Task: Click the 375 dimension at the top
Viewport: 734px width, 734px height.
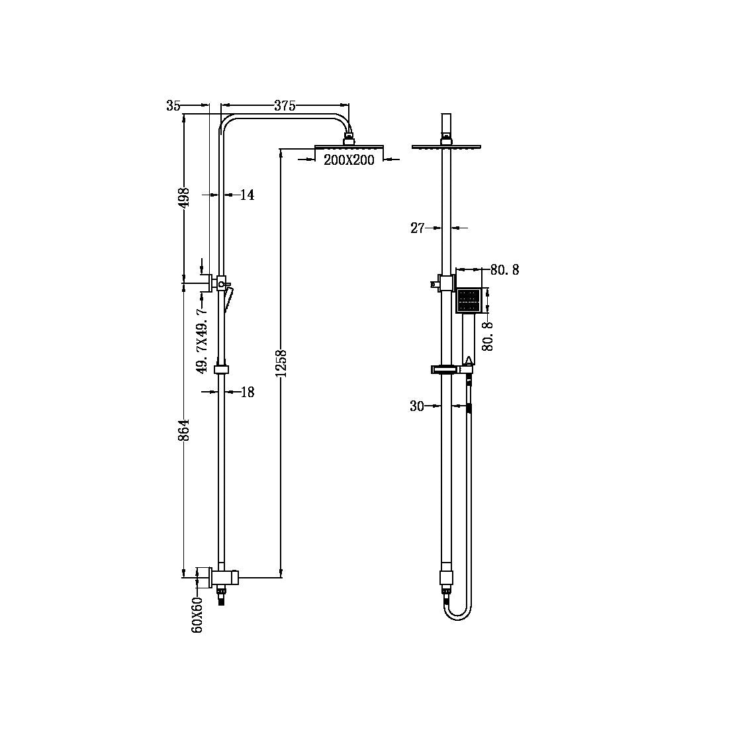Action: click(x=285, y=106)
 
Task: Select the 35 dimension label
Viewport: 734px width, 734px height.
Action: click(x=173, y=106)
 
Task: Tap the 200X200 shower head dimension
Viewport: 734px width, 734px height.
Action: click(x=349, y=160)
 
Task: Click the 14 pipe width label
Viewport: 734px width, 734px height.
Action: click(x=247, y=195)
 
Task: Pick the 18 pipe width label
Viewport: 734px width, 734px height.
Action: click(x=247, y=392)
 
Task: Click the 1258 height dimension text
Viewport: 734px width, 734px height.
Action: click(x=281, y=364)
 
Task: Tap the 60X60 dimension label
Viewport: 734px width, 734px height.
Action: click(x=197, y=614)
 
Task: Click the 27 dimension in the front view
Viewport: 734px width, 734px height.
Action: click(x=418, y=228)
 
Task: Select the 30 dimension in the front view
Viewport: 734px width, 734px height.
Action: click(x=417, y=406)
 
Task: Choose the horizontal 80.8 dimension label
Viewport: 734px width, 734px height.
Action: click(x=504, y=270)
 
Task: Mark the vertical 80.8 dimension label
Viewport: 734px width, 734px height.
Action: click(x=488, y=335)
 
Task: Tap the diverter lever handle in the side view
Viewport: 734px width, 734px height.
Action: click(x=228, y=297)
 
